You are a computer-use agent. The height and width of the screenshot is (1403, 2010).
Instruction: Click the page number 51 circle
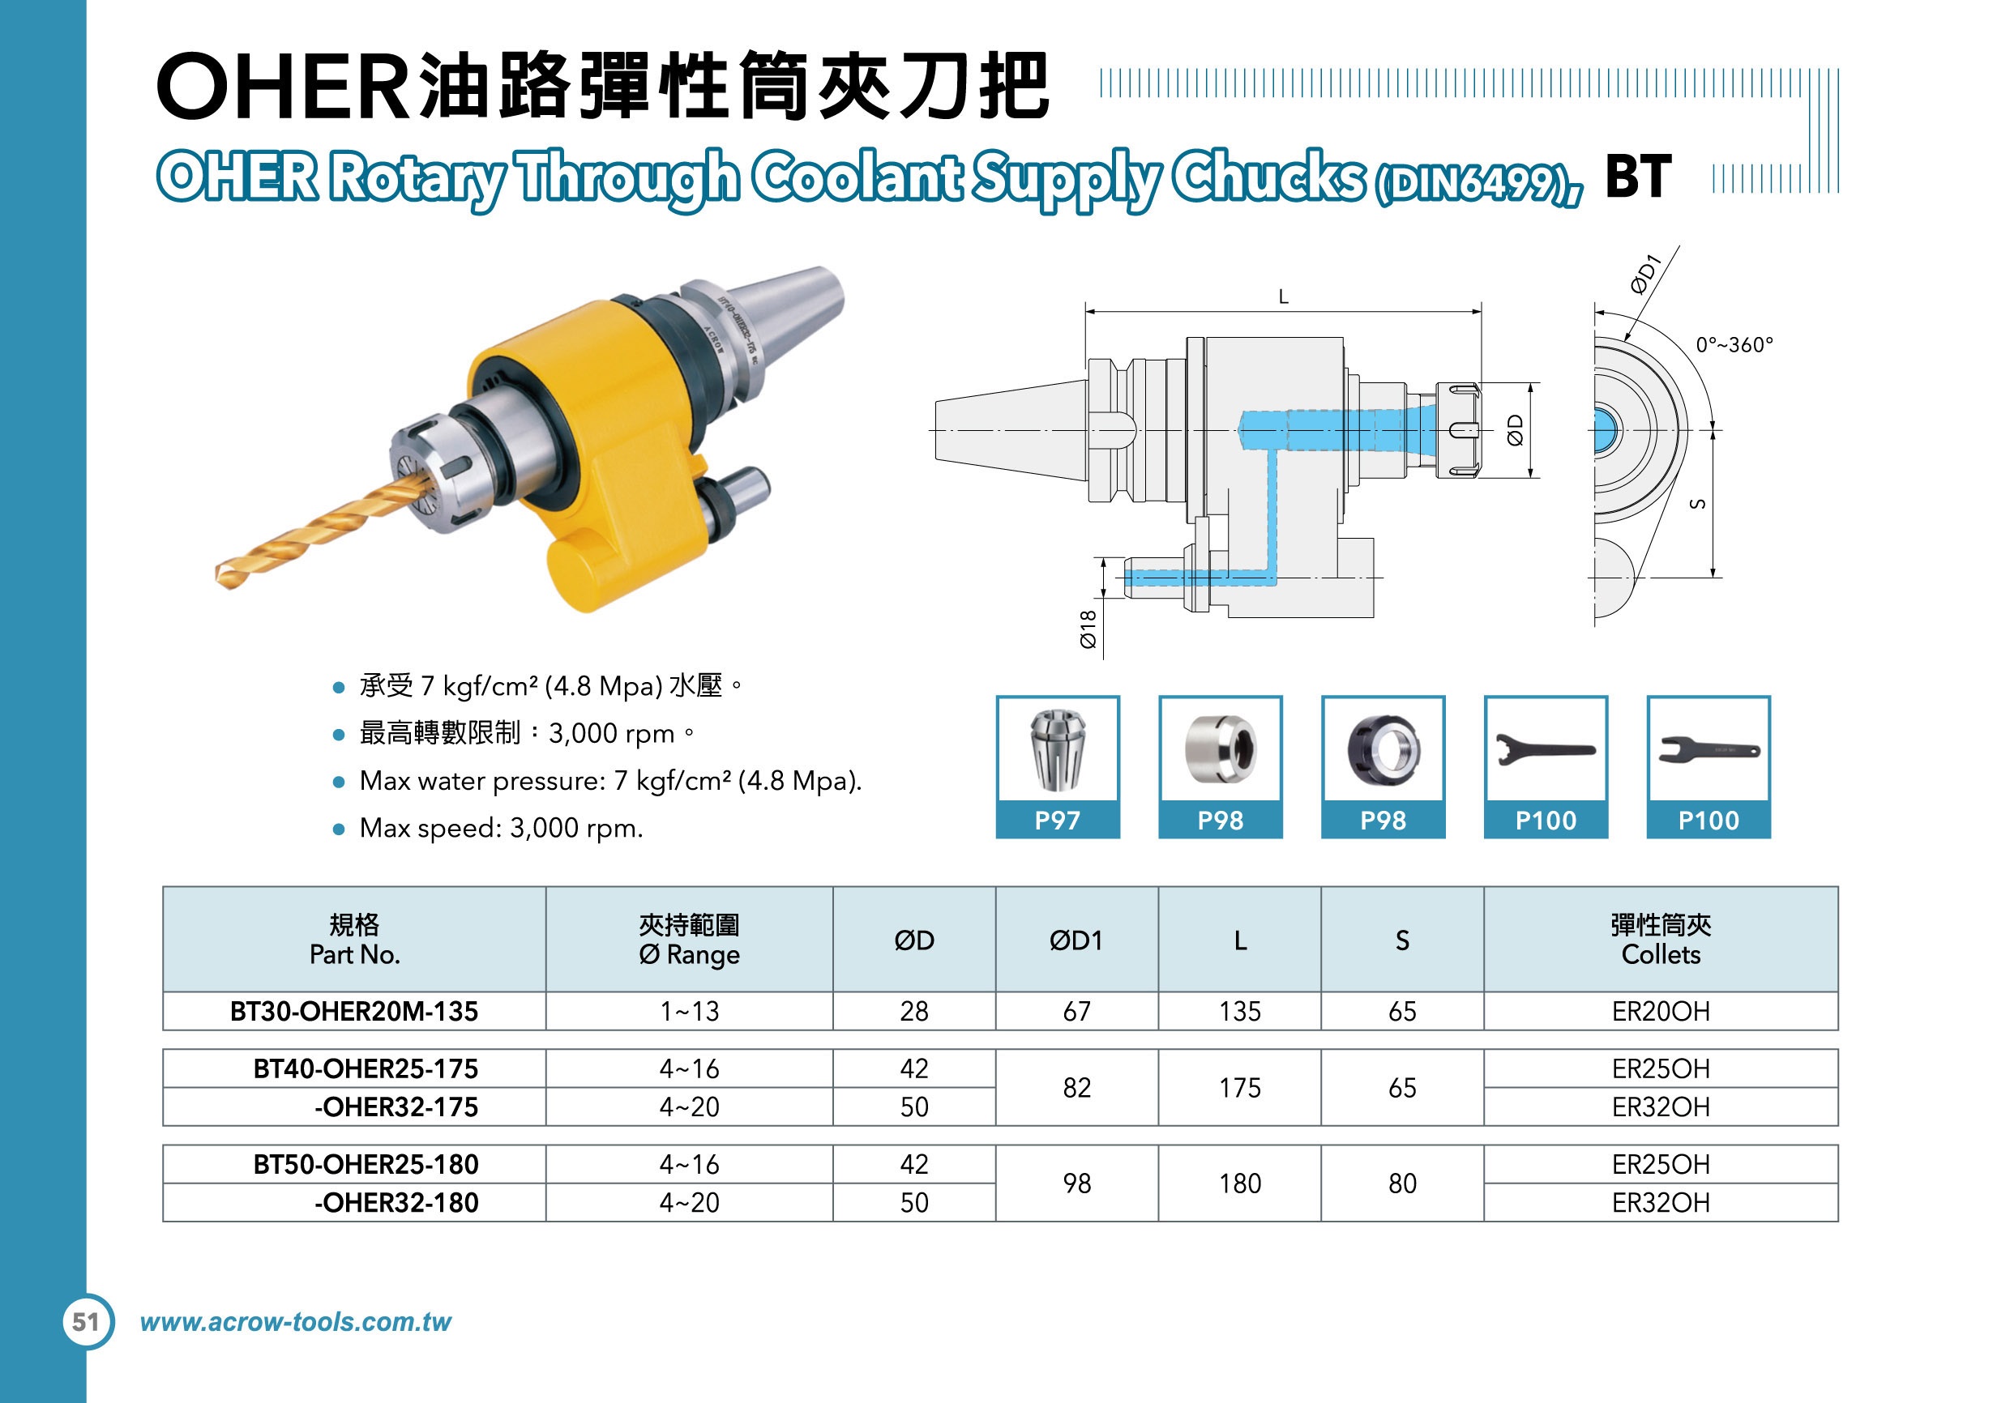pos(87,1322)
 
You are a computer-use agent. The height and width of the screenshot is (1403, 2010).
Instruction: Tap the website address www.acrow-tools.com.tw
pos(296,1322)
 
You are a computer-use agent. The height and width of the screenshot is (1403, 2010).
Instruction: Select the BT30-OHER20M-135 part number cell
pos(353,1011)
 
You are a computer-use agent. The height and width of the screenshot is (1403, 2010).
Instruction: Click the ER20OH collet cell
pos(1660,1011)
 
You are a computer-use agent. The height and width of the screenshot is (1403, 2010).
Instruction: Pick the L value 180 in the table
pos(1239,1183)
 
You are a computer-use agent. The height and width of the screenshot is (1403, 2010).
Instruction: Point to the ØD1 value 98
pos(1077,1183)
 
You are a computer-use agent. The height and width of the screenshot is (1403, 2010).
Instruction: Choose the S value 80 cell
pos(1401,1183)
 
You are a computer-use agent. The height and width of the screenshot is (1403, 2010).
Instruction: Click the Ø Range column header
pos(689,939)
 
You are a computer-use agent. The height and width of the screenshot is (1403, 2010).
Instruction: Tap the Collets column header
pos(1660,939)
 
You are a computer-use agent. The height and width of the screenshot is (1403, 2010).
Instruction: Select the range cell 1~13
pos(689,1011)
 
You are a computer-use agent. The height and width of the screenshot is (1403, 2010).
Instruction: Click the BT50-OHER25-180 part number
pos(366,1164)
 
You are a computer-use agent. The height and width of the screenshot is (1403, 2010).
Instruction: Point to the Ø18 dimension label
pos(1088,629)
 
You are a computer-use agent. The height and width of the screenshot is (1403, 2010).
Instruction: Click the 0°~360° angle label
pos(1734,345)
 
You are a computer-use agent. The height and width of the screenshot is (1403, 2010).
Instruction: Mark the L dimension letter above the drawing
pos(1283,296)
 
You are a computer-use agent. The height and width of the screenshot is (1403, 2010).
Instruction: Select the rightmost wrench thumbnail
pos(1708,749)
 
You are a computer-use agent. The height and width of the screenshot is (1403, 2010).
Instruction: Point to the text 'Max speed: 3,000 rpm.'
pos(501,828)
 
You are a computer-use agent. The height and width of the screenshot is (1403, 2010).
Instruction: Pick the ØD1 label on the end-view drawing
pos(1646,274)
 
